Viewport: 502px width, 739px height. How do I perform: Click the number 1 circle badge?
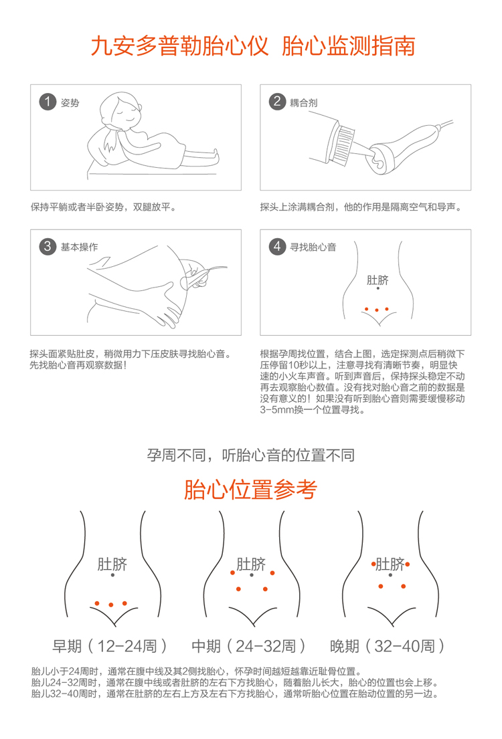tap(47, 102)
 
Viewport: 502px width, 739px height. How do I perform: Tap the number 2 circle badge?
tap(277, 102)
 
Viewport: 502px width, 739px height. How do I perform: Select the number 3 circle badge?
tap(47, 246)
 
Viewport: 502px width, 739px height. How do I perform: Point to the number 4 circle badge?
tap(277, 246)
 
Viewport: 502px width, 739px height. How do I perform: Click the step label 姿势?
tap(70, 103)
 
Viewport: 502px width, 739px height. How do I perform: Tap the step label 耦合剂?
tap(303, 103)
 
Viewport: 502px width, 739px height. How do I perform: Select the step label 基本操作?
tap(79, 247)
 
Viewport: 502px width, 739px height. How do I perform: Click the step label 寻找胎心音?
tap(313, 247)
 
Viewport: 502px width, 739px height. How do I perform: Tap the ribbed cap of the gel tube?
tap(343, 142)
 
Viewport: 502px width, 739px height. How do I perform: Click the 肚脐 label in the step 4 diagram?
tap(378, 280)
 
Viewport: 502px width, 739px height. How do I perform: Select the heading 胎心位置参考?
tap(250, 489)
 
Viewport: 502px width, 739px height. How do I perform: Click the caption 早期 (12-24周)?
tap(109, 645)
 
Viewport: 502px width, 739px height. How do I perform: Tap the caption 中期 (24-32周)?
tap(248, 645)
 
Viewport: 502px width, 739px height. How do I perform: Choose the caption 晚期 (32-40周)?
tap(387, 645)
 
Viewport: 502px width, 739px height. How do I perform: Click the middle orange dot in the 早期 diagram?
tap(111, 605)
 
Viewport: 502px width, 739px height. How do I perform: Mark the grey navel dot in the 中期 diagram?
tap(252, 575)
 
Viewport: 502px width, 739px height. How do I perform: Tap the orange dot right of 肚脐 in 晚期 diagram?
tap(407, 564)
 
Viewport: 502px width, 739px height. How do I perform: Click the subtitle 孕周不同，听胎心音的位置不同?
tap(250, 455)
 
